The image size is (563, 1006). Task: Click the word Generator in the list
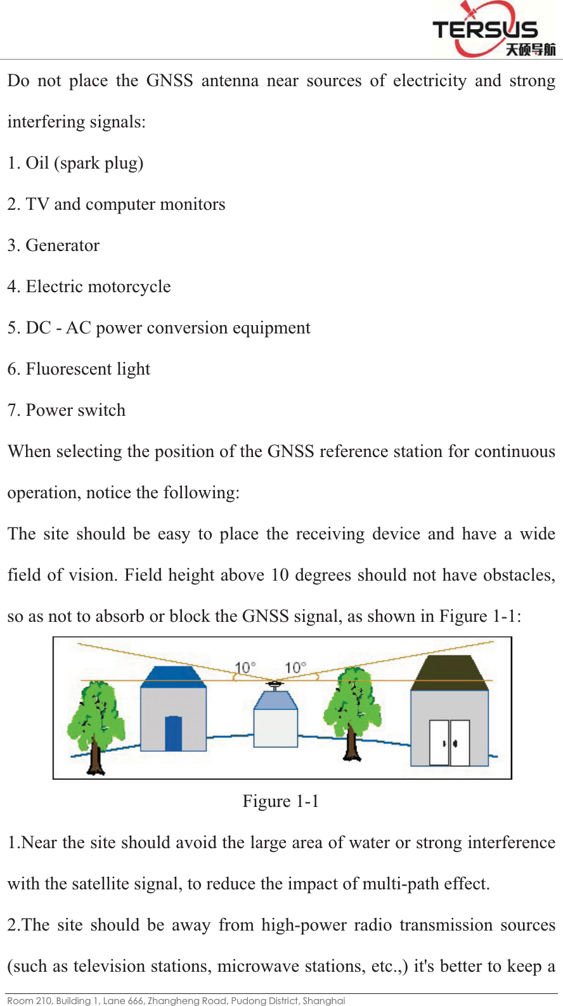coord(62,246)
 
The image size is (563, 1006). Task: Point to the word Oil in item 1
coord(37,164)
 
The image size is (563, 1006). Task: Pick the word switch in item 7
coord(101,411)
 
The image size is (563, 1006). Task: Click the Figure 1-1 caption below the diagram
coord(280,802)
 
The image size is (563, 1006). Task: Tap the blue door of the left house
coord(173,733)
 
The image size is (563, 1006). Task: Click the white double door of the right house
coord(450,742)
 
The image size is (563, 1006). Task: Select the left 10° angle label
coord(245,668)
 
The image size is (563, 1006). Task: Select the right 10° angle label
coord(295,668)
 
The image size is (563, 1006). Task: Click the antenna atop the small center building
coord(275,685)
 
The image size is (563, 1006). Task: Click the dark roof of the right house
coord(450,673)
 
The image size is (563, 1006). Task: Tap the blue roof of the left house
coord(172,677)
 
